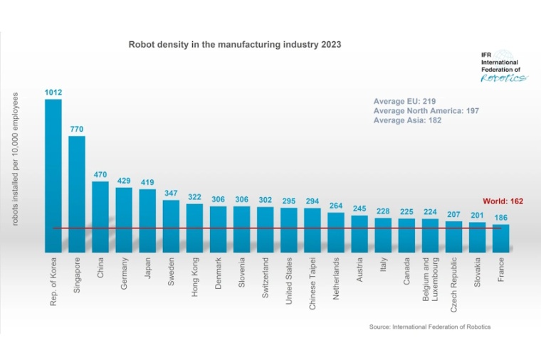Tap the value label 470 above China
pos(100,174)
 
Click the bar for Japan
pos(147,220)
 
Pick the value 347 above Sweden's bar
pos(171,193)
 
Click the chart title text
pos(234,44)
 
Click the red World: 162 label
pos(503,201)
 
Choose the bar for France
pos(500,238)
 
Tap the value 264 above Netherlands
pos(335,206)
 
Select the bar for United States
pos(288,229)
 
